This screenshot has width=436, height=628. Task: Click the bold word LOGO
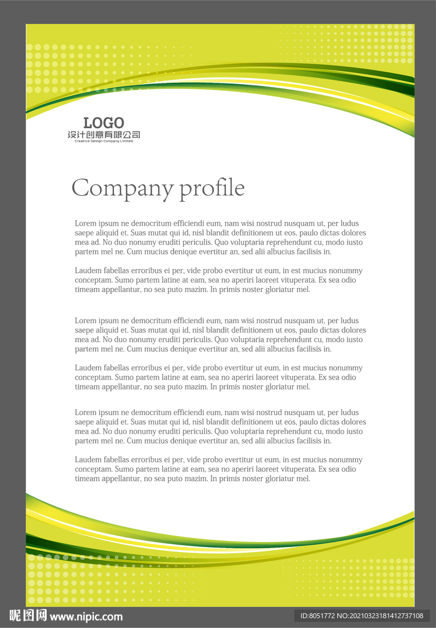pos(104,123)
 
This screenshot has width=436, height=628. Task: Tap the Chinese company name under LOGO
pos(104,135)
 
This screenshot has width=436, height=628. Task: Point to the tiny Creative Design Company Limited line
pos(104,141)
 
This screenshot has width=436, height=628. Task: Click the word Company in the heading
pos(122,188)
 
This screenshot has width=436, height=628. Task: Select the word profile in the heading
pos(212,188)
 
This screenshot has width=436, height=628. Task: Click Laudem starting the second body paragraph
pos(88,270)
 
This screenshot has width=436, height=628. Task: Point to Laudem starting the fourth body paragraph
pos(88,368)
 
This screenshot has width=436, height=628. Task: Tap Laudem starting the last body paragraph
pos(88,460)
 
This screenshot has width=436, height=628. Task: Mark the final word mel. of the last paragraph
pos(304,479)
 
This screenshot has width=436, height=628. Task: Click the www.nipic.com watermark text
pos(86,616)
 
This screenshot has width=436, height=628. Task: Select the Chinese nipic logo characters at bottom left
pos(28,616)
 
